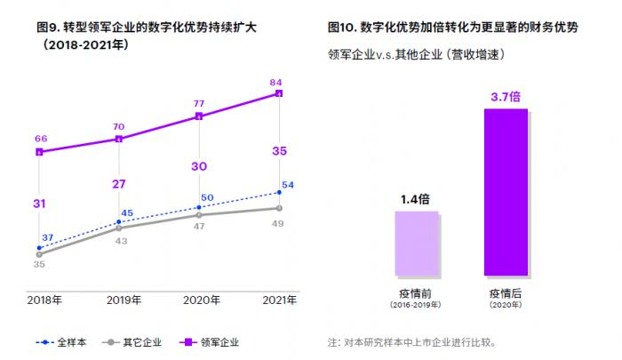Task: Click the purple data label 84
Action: point(276,82)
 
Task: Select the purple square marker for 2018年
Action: point(39,152)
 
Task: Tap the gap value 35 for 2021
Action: point(279,151)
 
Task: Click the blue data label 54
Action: point(288,185)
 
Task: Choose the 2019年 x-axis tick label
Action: point(124,300)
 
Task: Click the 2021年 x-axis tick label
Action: point(279,300)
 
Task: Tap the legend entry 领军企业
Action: point(210,341)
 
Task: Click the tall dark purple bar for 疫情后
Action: point(506,191)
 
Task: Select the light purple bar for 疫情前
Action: point(416,243)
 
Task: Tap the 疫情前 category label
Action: point(416,292)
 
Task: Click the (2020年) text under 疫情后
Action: point(506,305)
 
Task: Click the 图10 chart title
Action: point(453,28)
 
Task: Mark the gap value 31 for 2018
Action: point(39,204)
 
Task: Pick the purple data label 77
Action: point(199,103)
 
